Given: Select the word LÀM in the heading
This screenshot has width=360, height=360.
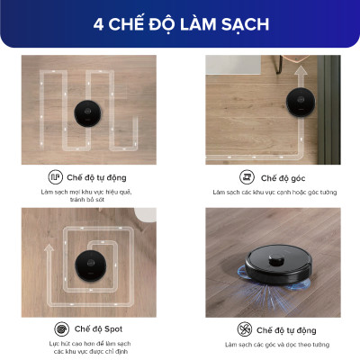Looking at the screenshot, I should [195, 24].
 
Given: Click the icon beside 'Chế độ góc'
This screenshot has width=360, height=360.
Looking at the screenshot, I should [246, 177].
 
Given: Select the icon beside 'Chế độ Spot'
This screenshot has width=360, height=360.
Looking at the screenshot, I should [61, 328].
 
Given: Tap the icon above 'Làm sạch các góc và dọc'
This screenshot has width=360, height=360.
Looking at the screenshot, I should [245, 328].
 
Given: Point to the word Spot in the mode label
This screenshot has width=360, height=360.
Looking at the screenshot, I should [112, 329].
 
